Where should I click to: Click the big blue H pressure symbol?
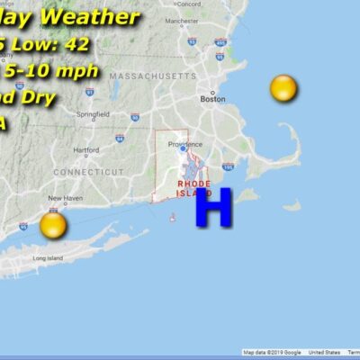214,208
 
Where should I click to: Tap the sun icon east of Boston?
283,89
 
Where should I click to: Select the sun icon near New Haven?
53,225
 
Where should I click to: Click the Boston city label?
213,99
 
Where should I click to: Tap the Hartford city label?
86,149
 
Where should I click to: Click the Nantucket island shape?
291,206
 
